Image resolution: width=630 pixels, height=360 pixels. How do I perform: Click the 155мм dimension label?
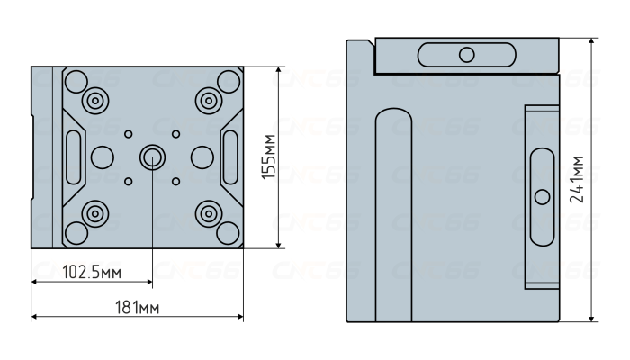point(269,157)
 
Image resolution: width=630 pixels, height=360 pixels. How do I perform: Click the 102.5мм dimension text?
point(92,273)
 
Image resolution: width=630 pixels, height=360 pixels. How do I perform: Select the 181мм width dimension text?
point(138,308)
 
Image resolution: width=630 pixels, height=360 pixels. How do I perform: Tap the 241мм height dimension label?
point(578,179)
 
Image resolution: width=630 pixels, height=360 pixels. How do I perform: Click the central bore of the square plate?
point(152,157)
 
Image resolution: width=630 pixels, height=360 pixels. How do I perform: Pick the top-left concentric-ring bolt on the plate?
point(95,101)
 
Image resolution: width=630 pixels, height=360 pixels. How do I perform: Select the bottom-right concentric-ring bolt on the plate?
point(209,214)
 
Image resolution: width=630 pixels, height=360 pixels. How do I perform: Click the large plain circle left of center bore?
point(102,157)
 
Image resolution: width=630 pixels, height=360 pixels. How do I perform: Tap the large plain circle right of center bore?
point(202,157)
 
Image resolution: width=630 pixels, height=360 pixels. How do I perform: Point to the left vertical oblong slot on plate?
point(74,157)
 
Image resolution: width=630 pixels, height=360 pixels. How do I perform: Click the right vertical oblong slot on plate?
point(230,157)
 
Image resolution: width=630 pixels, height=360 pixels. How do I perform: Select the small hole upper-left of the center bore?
point(128,134)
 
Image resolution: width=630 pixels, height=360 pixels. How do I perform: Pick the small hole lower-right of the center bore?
point(175,181)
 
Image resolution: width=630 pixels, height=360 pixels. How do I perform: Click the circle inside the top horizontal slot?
point(466,55)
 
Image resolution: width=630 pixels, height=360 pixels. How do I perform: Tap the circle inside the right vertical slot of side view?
point(543,197)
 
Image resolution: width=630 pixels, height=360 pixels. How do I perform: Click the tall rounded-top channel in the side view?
point(394,215)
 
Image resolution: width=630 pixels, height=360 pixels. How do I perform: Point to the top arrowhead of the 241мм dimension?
point(591,41)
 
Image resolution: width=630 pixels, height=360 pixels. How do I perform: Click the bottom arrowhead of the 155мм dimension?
point(278,245)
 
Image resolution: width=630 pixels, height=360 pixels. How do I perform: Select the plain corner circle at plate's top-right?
point(229,82)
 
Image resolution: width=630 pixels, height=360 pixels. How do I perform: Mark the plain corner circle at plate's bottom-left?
point(76,233)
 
